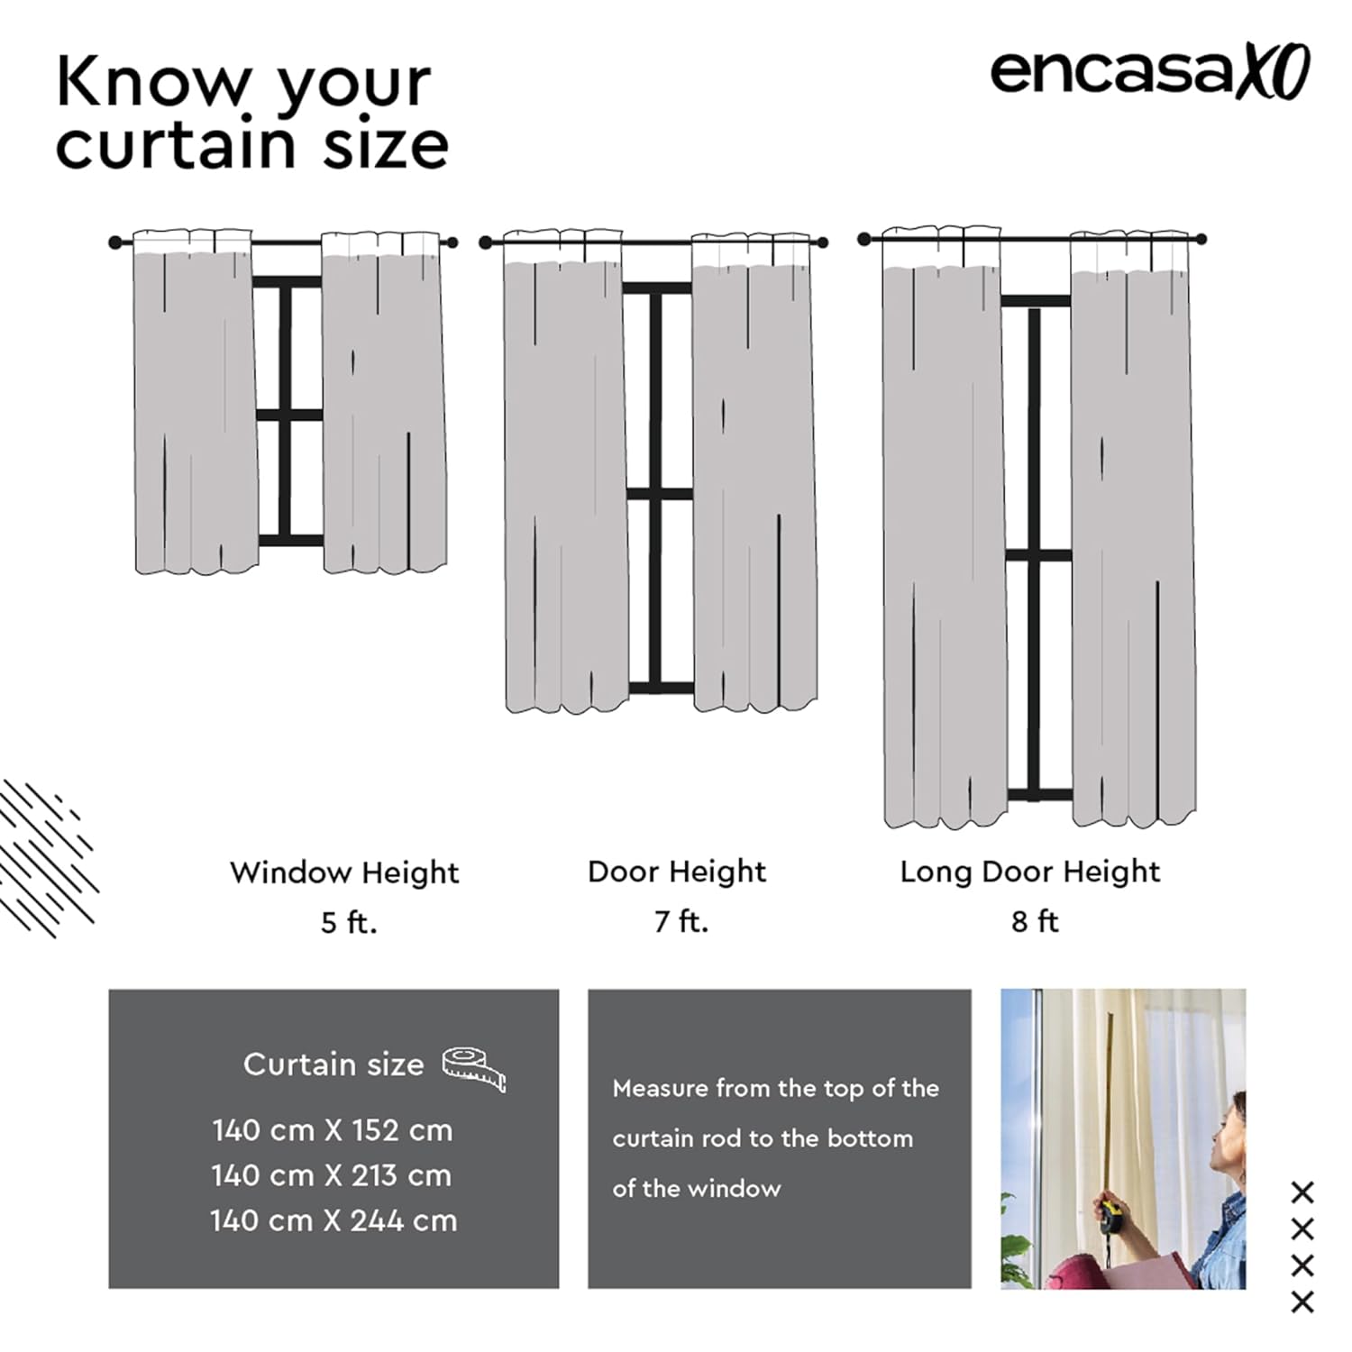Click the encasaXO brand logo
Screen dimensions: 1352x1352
(x=1150, y=72)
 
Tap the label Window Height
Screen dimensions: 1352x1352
(x=344, y=872)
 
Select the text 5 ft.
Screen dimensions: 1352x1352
(x=349, y=922)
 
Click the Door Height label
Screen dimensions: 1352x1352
(x=677, y=872)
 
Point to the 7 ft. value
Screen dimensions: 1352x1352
(x=681, y=921)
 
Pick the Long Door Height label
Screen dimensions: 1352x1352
(x=1030, y=872)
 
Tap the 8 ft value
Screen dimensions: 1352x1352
(x=1035, y=921)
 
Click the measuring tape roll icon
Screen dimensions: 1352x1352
(x=474, y=1069)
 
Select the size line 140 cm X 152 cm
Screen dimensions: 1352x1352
(x=333, y=1130)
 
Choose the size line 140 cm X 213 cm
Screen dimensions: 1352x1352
(x=332, y=1175)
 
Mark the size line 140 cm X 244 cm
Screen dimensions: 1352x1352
(x=333, y=1220)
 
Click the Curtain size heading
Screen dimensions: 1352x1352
(x=333, y=1064)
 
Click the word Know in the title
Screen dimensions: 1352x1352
(x=152, y=82)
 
